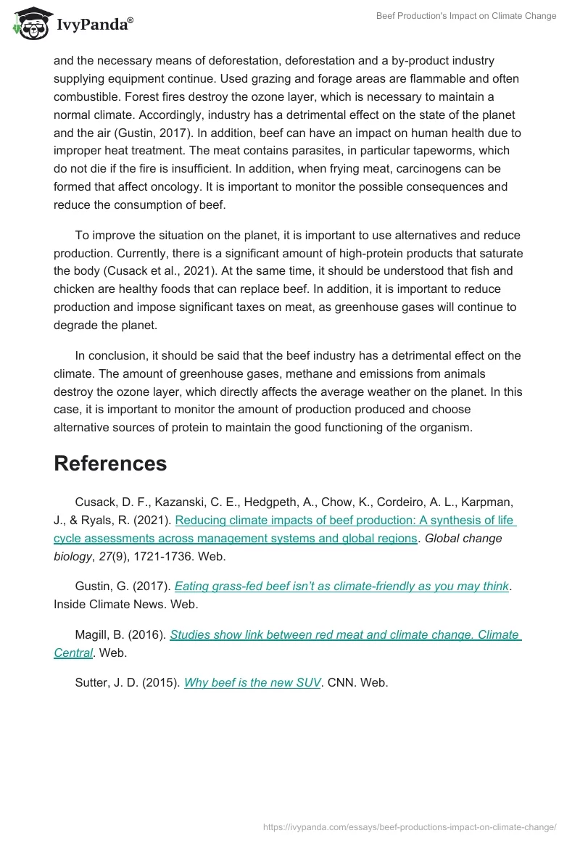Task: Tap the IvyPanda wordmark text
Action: point(94,24)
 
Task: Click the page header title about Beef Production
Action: point(466,16)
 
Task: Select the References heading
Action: point(110,463)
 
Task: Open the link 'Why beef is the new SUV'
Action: point(252,682)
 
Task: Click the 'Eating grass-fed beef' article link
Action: point(341,587)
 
